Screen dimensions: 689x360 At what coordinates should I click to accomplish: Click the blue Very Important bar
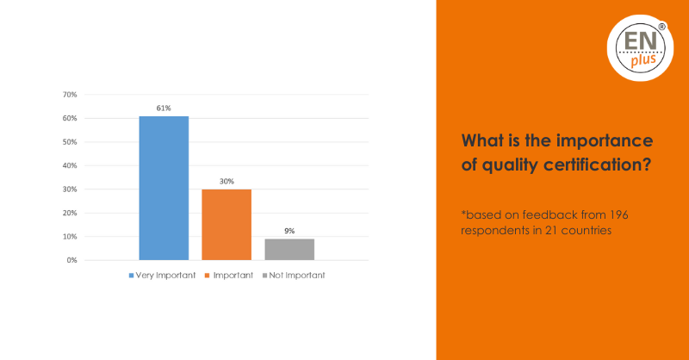coord(164,188)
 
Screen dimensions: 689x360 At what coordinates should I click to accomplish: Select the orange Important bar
coord(227,225)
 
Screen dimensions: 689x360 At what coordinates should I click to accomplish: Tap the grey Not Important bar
coord(289,250)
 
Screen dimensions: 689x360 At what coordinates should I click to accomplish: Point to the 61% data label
coord(164,109)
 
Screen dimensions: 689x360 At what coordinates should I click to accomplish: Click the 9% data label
coord(289,231)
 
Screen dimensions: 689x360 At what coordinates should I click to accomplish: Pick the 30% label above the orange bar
coord(227,181)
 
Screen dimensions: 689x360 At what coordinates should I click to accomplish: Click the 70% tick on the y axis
coord(70,95)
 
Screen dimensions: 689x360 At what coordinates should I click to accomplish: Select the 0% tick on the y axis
coord(72,260)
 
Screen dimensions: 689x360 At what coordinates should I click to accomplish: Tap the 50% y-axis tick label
coord(70,142)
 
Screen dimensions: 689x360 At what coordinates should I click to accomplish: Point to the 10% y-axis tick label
coord(70,237)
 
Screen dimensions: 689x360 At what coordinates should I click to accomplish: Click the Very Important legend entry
coord(162,276)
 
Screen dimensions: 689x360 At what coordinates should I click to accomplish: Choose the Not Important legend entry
coord(294,276)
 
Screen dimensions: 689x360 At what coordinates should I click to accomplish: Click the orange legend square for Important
coord(208,276)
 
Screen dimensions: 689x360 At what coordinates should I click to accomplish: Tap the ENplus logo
coord(640,48)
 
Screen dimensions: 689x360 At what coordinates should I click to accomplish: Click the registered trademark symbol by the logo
coord(661,27)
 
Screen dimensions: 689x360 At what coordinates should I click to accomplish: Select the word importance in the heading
coord(605,140)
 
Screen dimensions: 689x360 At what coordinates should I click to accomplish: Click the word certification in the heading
coord(597,164)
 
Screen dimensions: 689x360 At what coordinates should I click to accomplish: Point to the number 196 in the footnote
coord(618,215)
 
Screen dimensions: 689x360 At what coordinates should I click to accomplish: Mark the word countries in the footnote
coord(587,230)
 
